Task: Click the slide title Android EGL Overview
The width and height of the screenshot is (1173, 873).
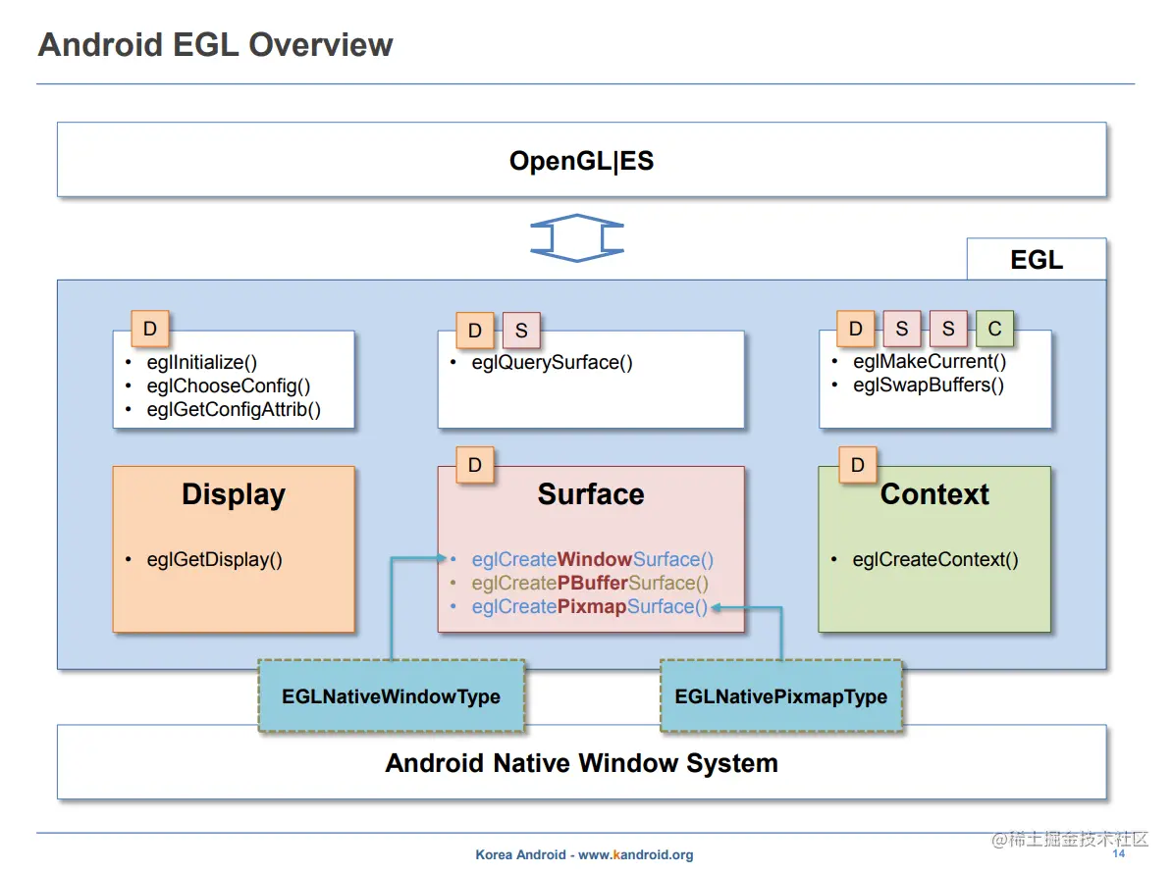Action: tap(215, 45)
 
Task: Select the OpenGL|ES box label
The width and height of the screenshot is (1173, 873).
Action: tap(581, 161)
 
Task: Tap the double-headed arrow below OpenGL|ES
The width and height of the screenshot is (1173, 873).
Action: tap(577, 238)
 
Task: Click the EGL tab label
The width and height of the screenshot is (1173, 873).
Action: tap(1037, 260)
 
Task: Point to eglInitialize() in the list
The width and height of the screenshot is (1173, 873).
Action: tap(202, 363)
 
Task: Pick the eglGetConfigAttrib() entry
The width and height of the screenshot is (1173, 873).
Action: tap(234, 410)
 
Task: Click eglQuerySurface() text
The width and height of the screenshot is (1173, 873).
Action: tap(552, 363)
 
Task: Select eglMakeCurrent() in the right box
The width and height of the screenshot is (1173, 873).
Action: tap(930, 362)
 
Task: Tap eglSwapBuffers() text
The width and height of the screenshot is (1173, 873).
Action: tap(929, 385)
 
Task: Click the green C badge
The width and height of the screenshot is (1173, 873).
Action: tap(994, 330)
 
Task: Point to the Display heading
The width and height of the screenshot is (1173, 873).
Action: tap(234, 494)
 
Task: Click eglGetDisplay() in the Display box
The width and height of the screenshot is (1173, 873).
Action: tap(214, 560)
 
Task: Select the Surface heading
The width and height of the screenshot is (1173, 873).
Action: tap(591, 494)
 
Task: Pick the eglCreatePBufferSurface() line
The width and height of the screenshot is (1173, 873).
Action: tap(590, 584)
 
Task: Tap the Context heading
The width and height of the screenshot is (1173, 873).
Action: tap(934, 494)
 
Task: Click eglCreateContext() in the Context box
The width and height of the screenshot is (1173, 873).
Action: tap(934, 560)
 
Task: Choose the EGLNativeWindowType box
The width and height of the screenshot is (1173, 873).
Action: tap(391, 697)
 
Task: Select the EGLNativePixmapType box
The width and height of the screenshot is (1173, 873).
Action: tap(780, 697)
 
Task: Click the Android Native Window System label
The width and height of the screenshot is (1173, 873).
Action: tap(581, 763)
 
